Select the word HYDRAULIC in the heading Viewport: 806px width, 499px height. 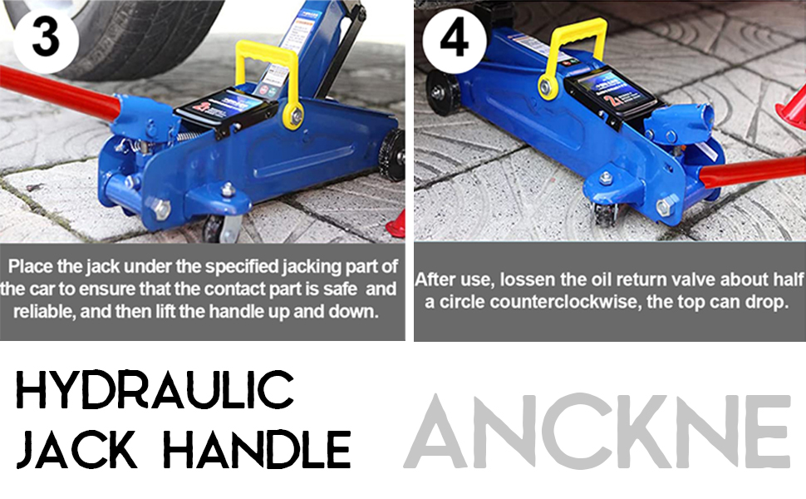point(155,390)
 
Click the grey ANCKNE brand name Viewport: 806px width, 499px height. point(597,432)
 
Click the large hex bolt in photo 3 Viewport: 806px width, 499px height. point(161,208)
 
